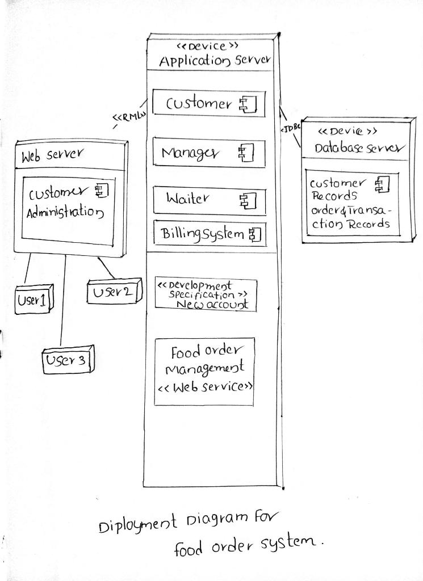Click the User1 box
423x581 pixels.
click(x=33, y=300)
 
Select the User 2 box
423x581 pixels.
click(x=112, y=292)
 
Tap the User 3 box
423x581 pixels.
click(x=67, y=361)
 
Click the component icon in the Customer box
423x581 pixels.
click(x=248, y=104)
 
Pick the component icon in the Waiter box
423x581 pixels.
click(x=248, y=200)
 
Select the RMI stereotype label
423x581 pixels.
click(x=129, y=117)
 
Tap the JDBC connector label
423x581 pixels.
click(x=290, y=128)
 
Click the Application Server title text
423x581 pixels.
click(x=214, y=61)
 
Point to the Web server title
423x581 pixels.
click(x=52, y=154)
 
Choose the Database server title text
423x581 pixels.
click(x=359, y=149)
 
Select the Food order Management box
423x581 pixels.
click(x=204, y=371)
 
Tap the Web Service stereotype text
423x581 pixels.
click(x=204, y=388)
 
